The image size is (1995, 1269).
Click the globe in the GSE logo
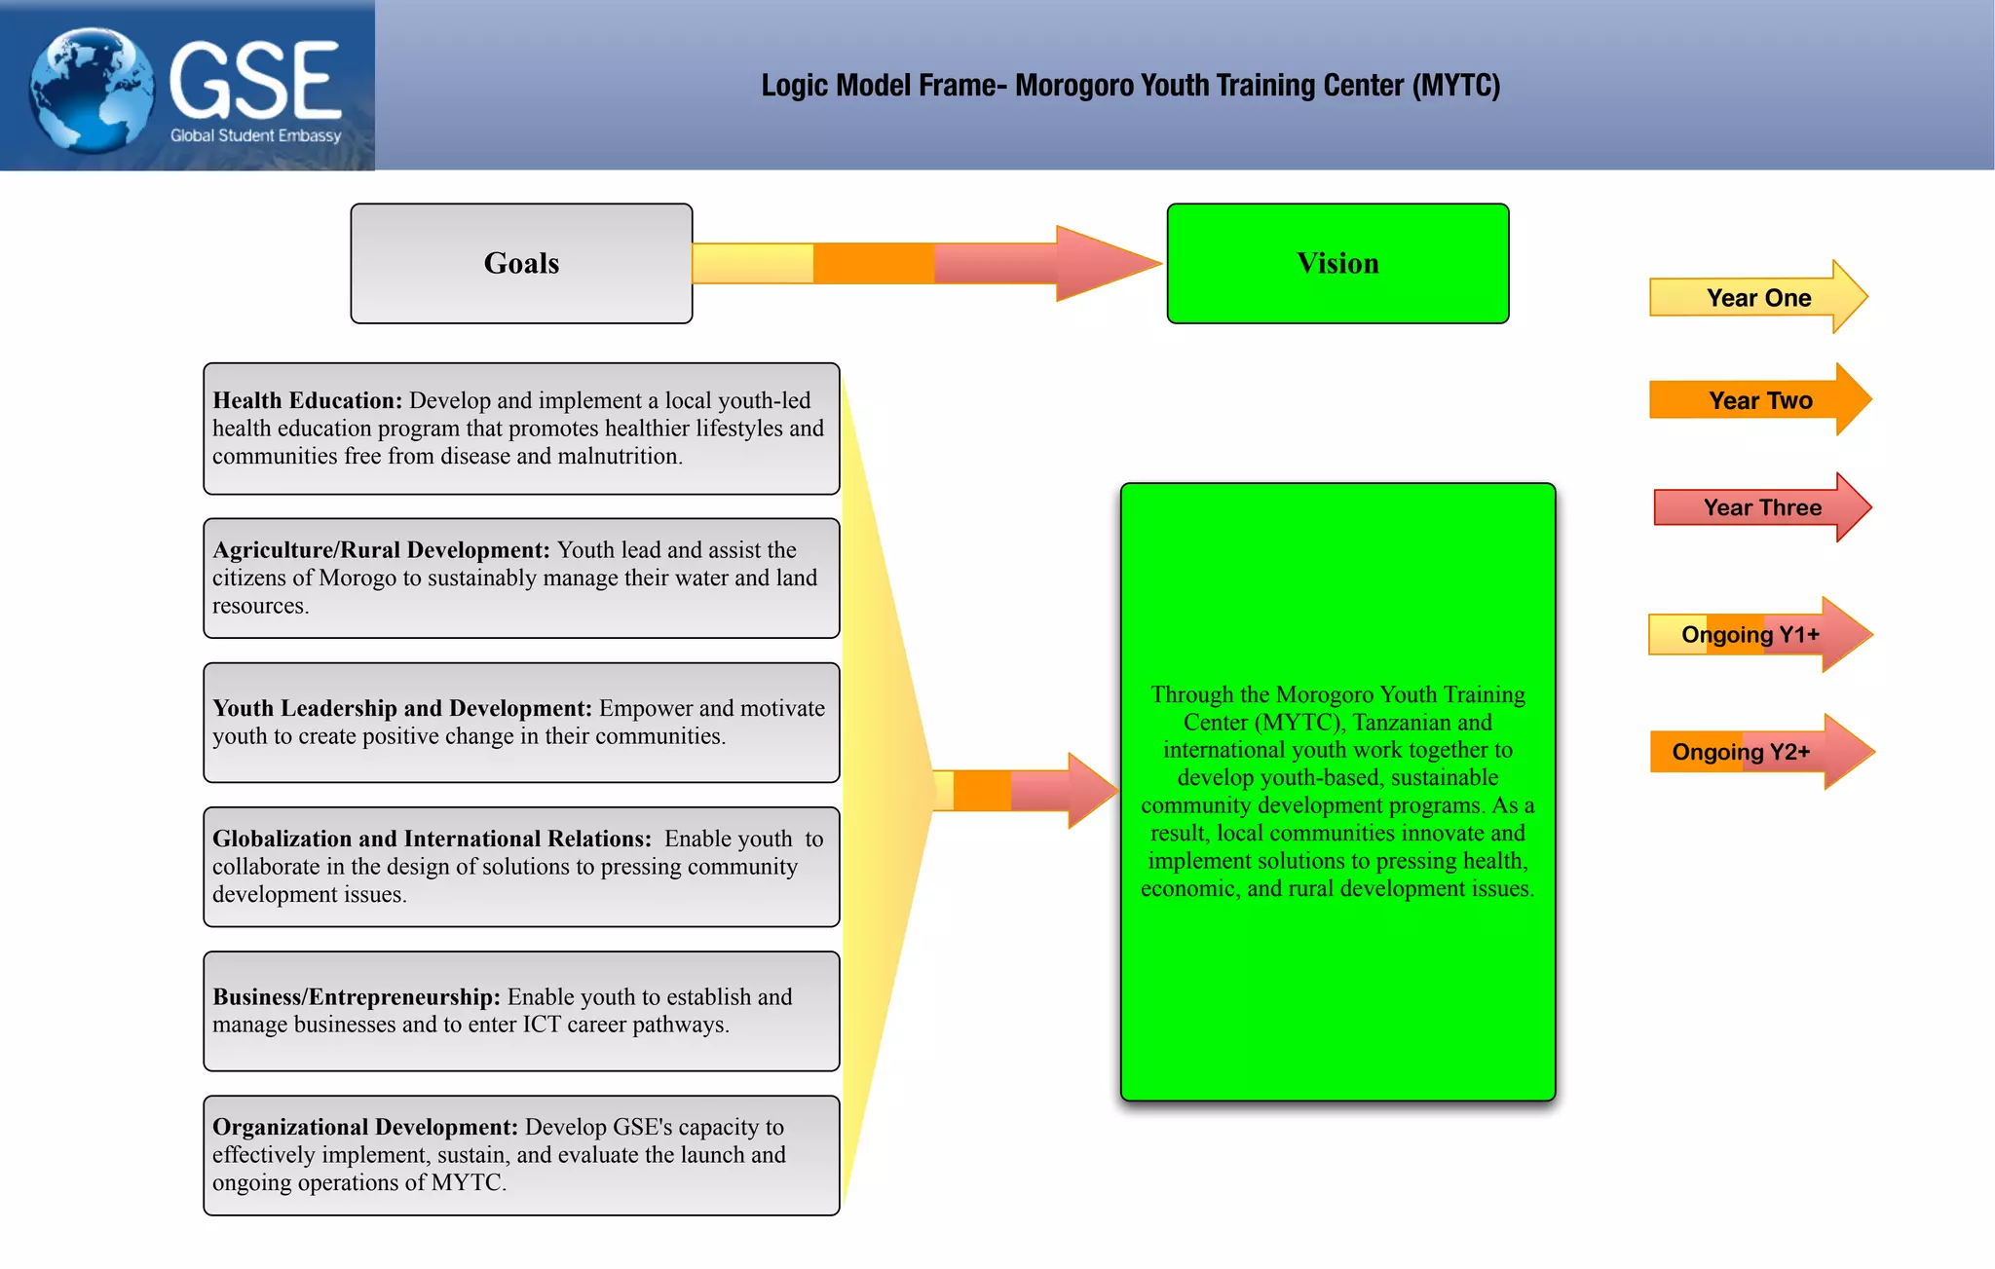tap(92, 90)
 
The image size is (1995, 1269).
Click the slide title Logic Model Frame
tap(1130, 86)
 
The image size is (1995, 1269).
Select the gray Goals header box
tap(521, 263)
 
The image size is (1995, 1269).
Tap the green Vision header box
tap(1337, 263)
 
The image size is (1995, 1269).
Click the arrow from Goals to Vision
tap(925, 263)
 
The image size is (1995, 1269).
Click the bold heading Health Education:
tap(307, 400)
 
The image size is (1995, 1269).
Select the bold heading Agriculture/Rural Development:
tap(381, 550)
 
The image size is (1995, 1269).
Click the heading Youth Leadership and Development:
tap(401, 708)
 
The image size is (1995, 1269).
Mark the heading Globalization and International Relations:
tap(432, 839)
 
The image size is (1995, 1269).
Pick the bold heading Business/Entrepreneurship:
tap(357, 997)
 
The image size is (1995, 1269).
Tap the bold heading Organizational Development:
tap(365, 1127)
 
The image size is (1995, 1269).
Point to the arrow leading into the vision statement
tap(1023, 790)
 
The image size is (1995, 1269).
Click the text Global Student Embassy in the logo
tap(255, 135)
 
